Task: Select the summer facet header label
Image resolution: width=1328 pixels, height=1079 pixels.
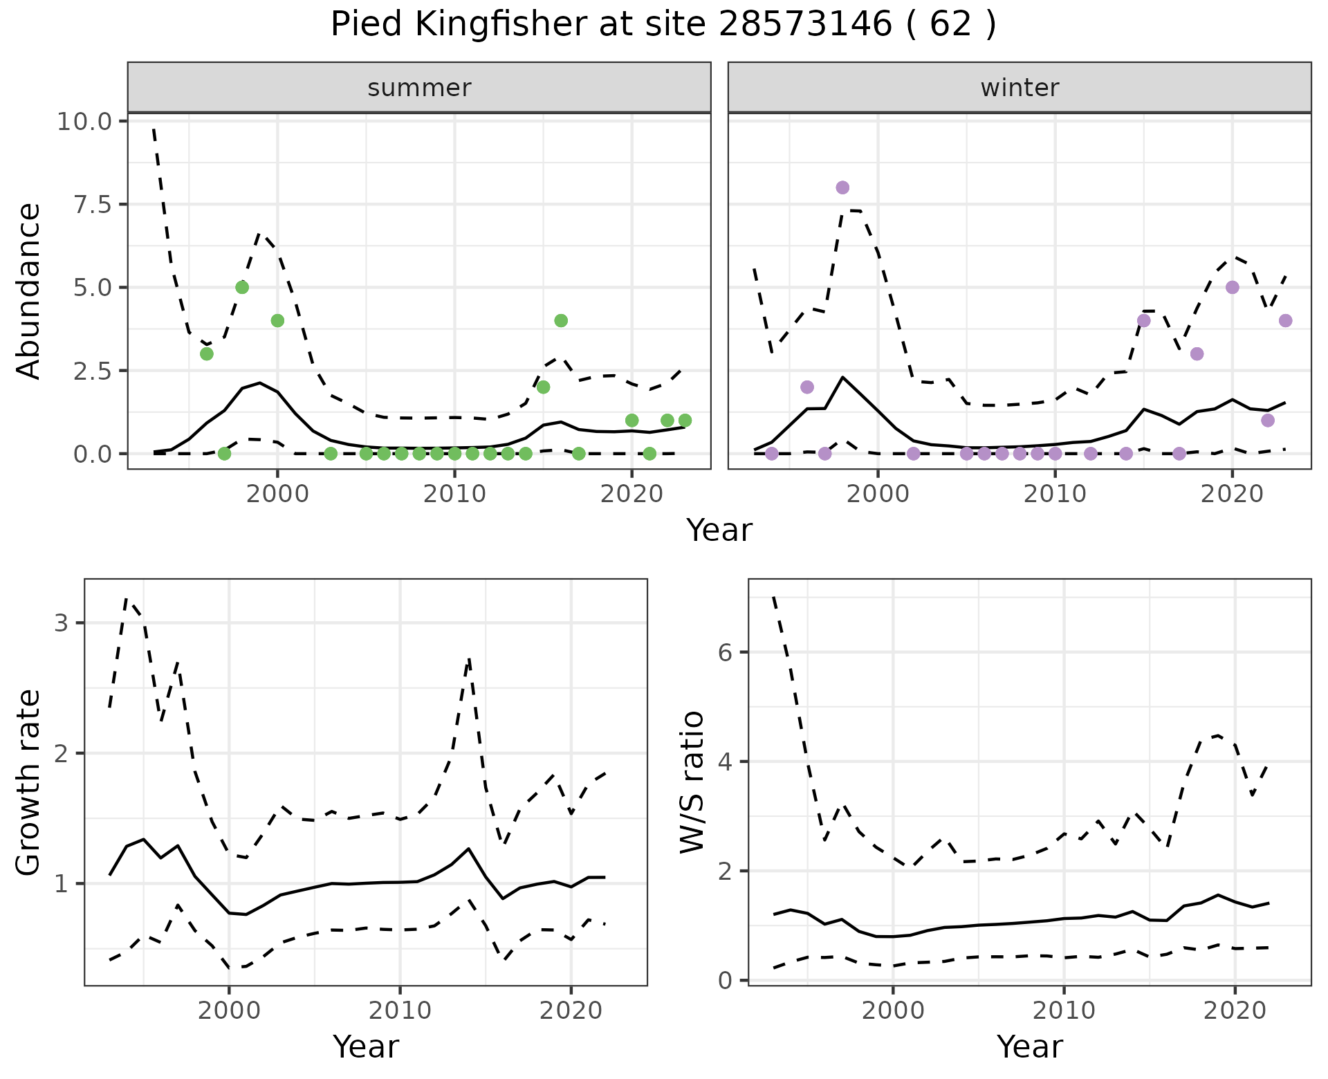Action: pos(419,88)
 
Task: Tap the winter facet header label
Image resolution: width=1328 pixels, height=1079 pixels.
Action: pos(1020,88)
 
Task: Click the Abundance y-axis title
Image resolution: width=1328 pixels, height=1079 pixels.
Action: pos(29,290)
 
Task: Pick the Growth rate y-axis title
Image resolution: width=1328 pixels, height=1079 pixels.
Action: pos(29,782)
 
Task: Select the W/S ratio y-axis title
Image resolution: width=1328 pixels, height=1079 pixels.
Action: pos(692,782)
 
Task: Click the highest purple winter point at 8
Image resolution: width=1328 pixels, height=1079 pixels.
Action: pos(842,187)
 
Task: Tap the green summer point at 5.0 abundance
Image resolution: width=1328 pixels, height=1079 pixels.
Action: pos(242,287)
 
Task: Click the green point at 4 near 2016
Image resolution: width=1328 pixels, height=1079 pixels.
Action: pos(561,320)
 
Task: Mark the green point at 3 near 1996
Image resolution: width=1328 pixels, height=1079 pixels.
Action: pos(207,353)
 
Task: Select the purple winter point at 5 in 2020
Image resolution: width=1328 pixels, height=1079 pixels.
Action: pos(1232,287)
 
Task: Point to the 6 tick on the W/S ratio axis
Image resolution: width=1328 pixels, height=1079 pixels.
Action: pos(727,652)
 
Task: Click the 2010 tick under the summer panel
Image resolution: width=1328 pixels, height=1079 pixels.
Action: pos(454,495)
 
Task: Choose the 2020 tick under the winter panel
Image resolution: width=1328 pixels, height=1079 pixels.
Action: pos(1232,495)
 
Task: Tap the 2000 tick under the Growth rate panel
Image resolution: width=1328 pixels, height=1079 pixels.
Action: pos(229,1011)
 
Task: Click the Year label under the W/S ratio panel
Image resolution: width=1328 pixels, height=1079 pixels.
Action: pos(1029,1047)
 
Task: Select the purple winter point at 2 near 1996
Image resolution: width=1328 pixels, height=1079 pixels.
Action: pos(807,387)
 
